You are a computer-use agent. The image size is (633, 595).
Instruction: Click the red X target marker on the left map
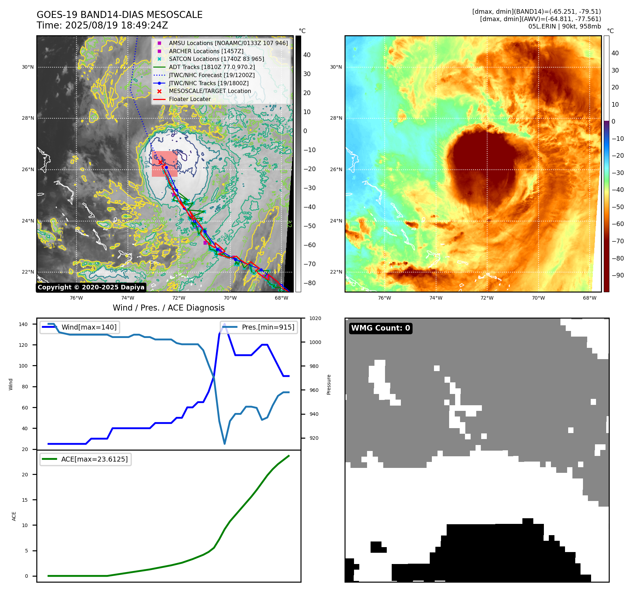tap(161, 162)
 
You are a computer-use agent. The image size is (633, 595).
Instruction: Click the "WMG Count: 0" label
tap(380, 328)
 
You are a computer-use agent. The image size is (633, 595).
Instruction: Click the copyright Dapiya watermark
tap(91, 287)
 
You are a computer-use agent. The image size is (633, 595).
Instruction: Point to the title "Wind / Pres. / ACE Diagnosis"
tap(168, 308)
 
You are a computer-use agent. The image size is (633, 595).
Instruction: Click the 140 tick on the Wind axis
tap(23, 324)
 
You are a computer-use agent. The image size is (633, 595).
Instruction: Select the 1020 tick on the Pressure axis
tap(315, 318)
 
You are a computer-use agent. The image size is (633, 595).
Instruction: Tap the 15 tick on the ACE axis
tap(25, 500)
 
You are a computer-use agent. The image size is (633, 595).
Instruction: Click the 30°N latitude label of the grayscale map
tap(28, 67)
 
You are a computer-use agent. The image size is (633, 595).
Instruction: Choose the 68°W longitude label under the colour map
tap(590, 298)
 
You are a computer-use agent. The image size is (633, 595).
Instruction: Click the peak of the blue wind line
tap(225, 324)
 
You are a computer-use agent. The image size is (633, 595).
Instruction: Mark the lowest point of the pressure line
tap(225, 444)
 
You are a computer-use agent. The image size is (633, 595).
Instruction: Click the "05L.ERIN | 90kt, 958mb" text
tap(564, 26)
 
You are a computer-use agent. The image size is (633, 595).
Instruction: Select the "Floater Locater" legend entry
tap(190, 99)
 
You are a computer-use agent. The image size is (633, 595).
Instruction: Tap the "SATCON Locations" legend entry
tap(216, 59)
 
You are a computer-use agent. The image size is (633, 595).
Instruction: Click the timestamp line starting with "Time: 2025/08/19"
tap(102, 25)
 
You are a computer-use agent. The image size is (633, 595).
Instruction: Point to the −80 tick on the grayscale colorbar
tap(310, 283)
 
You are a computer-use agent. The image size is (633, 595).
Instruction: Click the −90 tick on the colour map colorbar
tap(618, 275)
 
